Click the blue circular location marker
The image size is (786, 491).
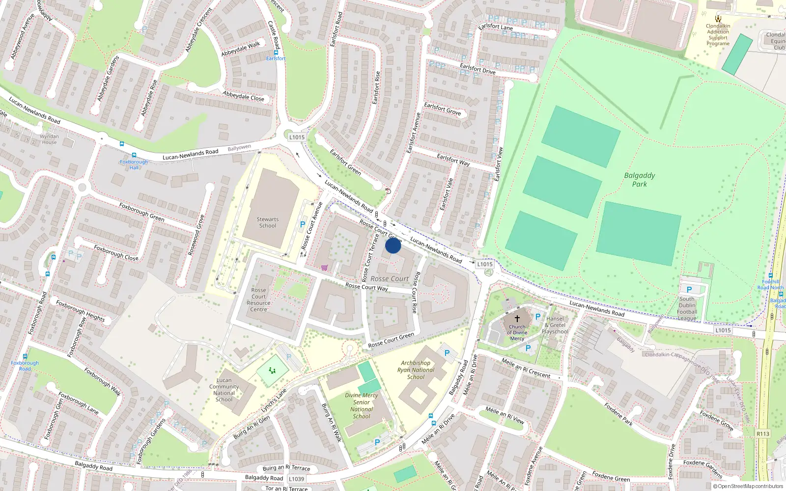(x=393, y=245)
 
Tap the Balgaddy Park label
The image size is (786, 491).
(x=639, y=180)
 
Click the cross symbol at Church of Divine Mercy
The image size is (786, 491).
(x=517, y=318)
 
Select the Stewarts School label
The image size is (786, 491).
(x=267, y=222)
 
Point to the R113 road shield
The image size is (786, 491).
(x=762, y=434)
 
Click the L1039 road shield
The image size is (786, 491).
(x=296, y=478)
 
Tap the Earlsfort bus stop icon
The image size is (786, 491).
(x=276, y=52)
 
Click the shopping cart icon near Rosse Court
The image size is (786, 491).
(x=324, y=268)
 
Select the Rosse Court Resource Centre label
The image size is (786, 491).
(x=258, y=300)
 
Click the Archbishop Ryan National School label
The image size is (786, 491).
(x=416, y=370)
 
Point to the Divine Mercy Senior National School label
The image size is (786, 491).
(x=361, y=406)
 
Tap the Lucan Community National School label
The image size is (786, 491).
(x=224, y=389)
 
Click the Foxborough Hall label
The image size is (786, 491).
(x=134, y=164)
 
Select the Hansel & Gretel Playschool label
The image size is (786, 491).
(x=555, y=325)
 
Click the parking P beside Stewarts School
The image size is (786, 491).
(x=303, y=224)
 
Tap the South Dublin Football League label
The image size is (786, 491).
(x=687, y=308)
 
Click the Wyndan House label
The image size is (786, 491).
(x=49, y=139)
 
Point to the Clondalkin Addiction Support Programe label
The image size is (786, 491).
(x=718, y=34)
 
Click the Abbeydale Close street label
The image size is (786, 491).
(x=243, y=96)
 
